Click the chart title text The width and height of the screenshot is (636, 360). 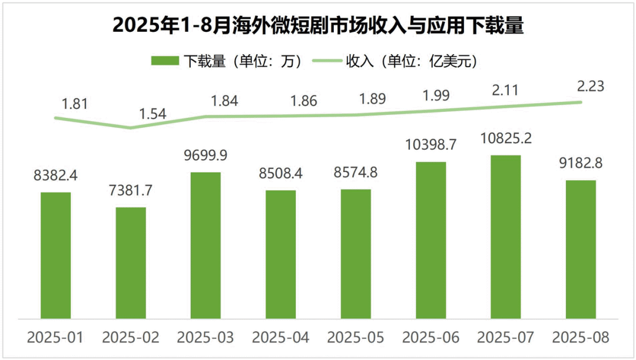pos(318,26)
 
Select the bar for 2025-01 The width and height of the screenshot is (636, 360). pos(56,255)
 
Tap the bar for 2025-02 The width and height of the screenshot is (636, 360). pos(131,263)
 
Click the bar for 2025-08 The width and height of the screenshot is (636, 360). pos(581,249)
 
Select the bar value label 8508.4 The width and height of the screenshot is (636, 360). pos(280,174)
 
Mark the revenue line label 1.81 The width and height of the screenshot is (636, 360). pos(74,104)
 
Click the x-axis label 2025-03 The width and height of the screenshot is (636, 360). pos(206,338)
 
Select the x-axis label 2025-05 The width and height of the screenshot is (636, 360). pos(356,338)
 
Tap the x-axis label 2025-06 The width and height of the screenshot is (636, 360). pos(430,338)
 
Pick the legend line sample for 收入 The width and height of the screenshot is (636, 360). pos(326,61)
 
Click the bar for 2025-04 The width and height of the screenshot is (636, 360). pos(280,254)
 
